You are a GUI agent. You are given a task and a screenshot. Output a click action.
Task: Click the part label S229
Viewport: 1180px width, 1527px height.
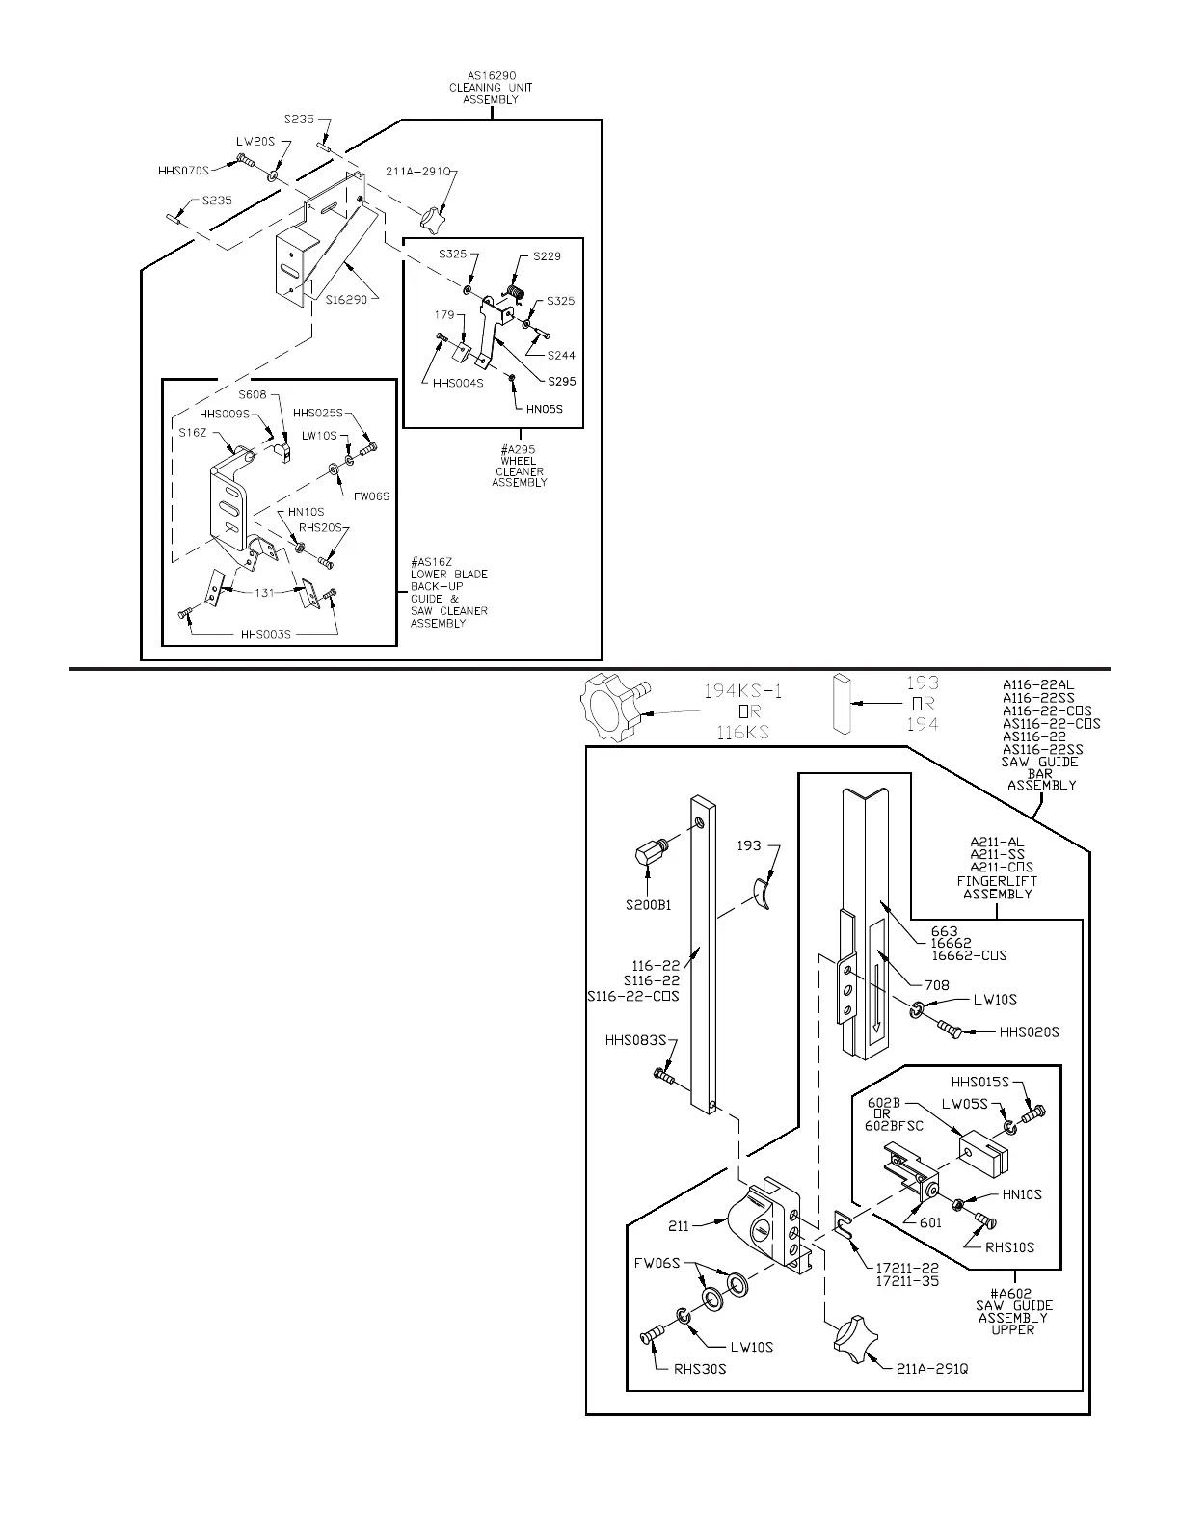tap(547, 256)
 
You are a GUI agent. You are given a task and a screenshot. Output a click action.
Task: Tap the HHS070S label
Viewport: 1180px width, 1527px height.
tap(183, 172)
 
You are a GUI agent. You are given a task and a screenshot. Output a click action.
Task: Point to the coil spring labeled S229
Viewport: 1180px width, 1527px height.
tap(516, 288)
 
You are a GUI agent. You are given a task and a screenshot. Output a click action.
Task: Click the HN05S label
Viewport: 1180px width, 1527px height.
tap(544, 408)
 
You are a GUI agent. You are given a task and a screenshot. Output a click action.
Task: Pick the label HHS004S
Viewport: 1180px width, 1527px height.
tap(458, 383)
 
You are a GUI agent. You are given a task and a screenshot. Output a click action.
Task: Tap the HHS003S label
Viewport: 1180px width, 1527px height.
tap(265, 635)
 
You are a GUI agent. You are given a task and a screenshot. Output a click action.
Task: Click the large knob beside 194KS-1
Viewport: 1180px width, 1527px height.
tap(613, 710)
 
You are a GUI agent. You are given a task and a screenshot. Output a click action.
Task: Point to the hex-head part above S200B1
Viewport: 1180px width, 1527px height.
tap(654, 854)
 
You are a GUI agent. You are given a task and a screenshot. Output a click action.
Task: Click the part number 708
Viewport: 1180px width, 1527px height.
tap(936, 985)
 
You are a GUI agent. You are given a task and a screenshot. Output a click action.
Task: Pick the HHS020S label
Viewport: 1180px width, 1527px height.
tap(1029, 1032)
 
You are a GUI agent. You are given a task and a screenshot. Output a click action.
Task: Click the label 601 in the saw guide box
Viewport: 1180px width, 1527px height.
tap(930, 1223)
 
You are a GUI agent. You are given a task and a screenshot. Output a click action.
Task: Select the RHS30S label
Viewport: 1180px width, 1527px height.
tap(700, 1368)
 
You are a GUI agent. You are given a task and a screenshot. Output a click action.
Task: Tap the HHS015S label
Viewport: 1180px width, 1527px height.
tap(981, 1082)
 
